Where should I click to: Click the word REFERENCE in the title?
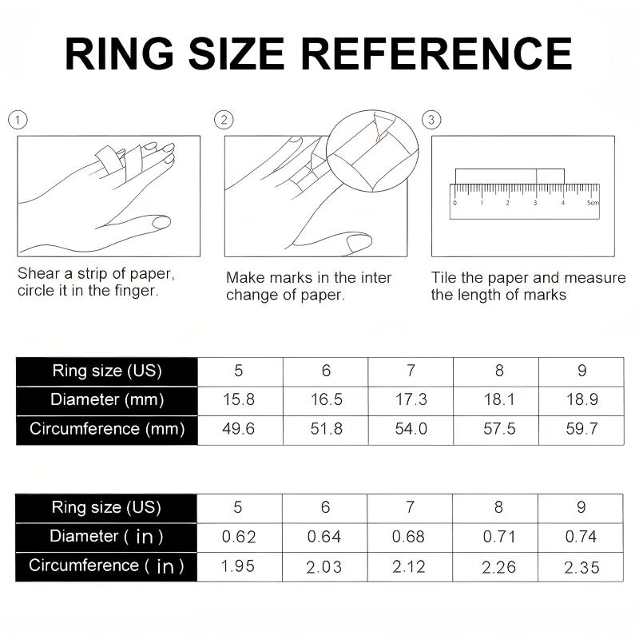pyautogui.click(x=436, y=54)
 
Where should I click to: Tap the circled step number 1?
pyautogui.click(x=18, y=121)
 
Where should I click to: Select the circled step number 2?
pyautogui.click(x=224, y=121)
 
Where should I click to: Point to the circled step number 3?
pyautogui.click(x=431, y=121)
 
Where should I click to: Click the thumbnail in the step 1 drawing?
pyautogui.click(x=161, y=222)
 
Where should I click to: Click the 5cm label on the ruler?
pyautogui.click(x=593, y=203)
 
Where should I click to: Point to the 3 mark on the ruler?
pyautogui.click(x=535, y=203)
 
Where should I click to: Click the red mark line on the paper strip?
pyautogui.click(x=536, y=176)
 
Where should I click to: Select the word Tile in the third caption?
pyautogui.click(x=444, y=277)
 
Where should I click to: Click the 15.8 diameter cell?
pyautogui.click(x=239, y=400)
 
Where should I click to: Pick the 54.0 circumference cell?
pyautogui.click(x=411, y=429)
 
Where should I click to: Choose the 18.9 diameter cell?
pyautogui.click(x=582, y=400)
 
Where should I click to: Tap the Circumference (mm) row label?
pyautogui.click(x=107, y=430)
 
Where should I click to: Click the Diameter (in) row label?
pyautogui.click(x=106, y=537)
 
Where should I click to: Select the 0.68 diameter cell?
pyautogui.click(x=408, y=537)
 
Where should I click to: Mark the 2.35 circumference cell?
pyautogui.click(x=581, y=568)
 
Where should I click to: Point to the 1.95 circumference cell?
pyautogui.click(x=237, y=566)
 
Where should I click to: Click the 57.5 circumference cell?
pyautogui.click(x=499, y=429)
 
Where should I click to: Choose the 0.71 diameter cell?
pyautogui.click(x=499, y=537)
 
